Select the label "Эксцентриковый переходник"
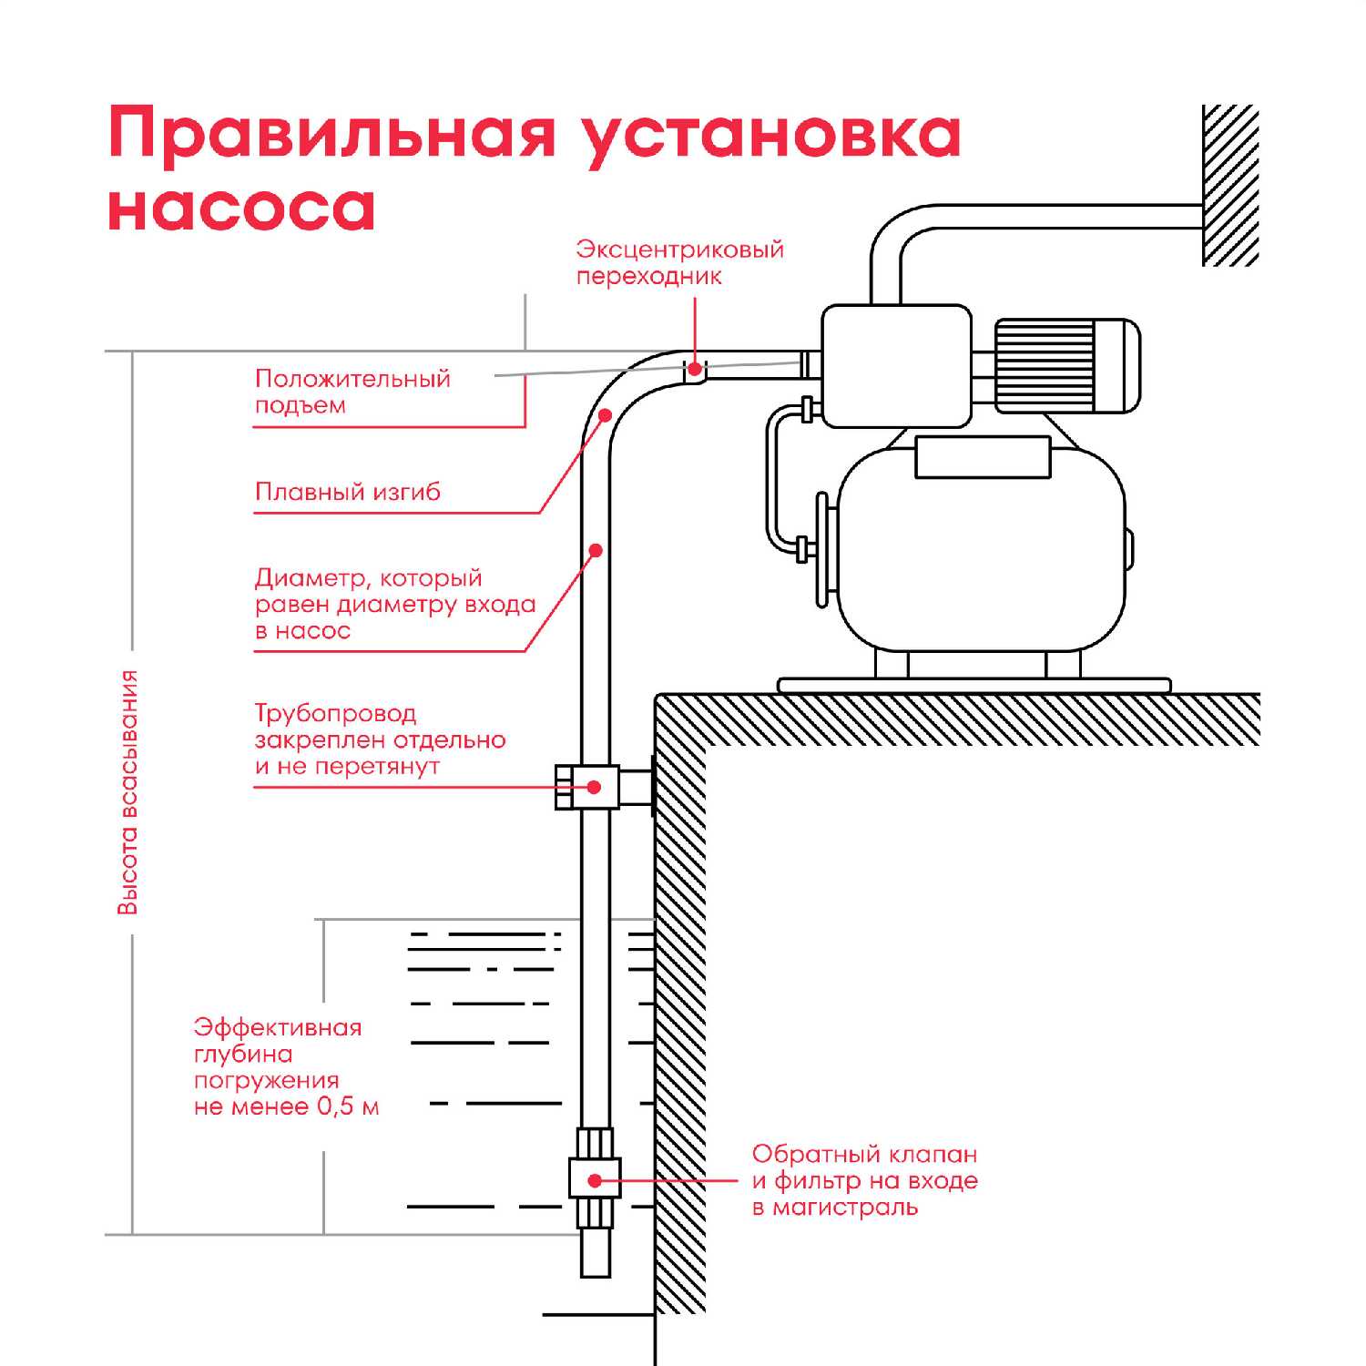point(679,262)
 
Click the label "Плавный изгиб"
point(348,493)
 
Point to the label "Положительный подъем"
point(352,392)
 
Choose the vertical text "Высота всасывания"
point(129,792)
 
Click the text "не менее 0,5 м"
point(286,1107)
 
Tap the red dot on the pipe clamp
point(595,787)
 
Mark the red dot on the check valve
point(595,1180)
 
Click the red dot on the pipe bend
point(605,415)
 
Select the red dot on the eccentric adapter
point(694,369)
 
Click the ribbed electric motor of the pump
point(1065,364)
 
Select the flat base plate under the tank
point(974,685)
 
